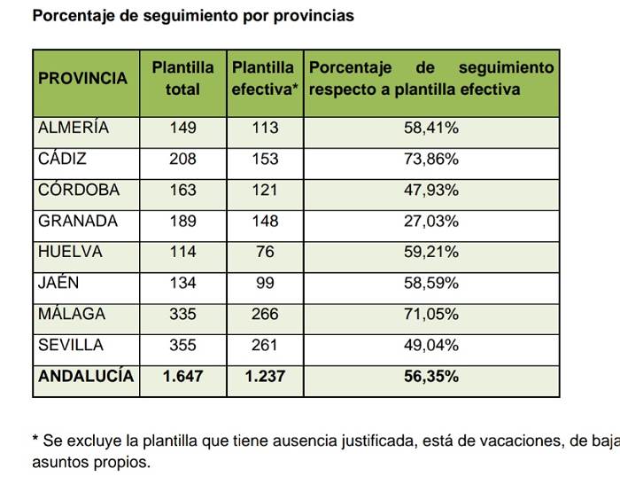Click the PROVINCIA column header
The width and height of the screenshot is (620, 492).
coord(83,78)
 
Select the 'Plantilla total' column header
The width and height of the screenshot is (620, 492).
coord(183,78)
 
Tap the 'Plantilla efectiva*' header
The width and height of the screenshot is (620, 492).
coord(265,78)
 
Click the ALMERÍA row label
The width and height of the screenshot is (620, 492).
coord(74,128)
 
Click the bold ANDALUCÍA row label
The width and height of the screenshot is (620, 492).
coord(86,376)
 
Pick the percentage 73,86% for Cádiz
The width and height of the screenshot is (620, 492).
coord(431,159)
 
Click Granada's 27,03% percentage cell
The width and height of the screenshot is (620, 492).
coord(431,221)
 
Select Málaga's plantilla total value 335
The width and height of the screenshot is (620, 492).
coord(183,314)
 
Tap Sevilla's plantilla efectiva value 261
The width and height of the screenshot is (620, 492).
coord(264,345)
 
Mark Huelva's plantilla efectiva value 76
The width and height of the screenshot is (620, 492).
coord(264,252)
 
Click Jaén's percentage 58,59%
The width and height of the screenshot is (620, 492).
coord(431,283)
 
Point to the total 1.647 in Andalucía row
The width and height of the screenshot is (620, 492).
coord(183,376)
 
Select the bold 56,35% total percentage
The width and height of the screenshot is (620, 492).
coord(431,376)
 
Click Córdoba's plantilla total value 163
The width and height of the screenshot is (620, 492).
coord(183,190)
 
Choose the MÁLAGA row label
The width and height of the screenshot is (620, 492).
coord(72,314)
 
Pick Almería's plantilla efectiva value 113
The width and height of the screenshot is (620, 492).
coord(264,128)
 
